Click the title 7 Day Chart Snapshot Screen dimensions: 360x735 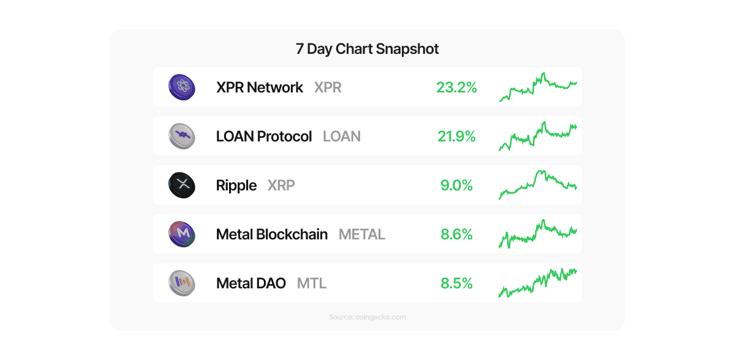point(367,49)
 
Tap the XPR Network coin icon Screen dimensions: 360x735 point(181,87)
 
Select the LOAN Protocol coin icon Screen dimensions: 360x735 point(181,136)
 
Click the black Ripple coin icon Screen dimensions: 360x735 point(181,185)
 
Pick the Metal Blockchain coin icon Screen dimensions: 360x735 point(181,234)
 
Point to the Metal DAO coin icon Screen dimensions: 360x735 point(181,283)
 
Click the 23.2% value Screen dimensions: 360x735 point(456,88)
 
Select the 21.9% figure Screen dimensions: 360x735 point(456,137)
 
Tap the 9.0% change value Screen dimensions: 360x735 point(456,186)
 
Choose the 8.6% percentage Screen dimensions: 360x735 point(456,234)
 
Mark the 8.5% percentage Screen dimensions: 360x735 point(456,283)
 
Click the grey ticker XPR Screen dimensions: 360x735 point(328,88)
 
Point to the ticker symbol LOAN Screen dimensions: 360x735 point(342,137)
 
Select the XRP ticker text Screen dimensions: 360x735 point(281,186)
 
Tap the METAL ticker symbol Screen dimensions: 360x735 point(362,234)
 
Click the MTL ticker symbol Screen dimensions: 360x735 point(312,283)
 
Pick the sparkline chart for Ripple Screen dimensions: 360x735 point(538,185)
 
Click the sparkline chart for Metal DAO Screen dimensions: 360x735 point(538,283)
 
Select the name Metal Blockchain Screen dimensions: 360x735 point(272,234)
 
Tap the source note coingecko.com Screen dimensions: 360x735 point(367,317)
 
